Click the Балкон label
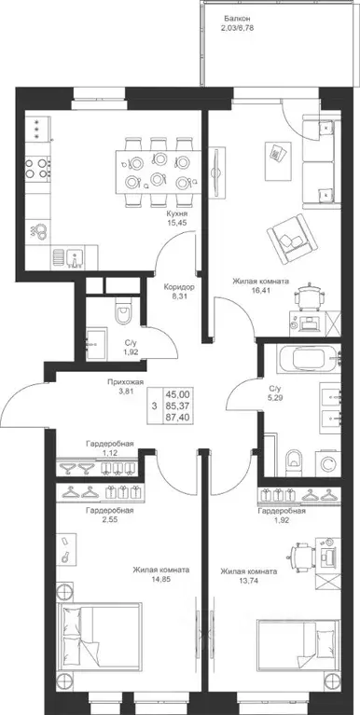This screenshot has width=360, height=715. (237, 19)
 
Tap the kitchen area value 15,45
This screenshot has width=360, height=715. (177, 223)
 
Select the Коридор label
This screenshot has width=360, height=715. (180, 287)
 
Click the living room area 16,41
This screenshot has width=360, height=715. (260, 290)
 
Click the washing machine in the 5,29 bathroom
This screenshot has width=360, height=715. (328, 464)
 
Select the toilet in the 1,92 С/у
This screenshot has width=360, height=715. (123, 311)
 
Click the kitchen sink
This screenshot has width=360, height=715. (75, 258)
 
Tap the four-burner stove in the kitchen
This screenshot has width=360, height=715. (38, 168)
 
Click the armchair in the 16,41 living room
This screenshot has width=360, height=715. (292, 239)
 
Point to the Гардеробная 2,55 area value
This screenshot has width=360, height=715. (110, 519)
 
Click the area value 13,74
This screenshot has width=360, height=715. (249, 581)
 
